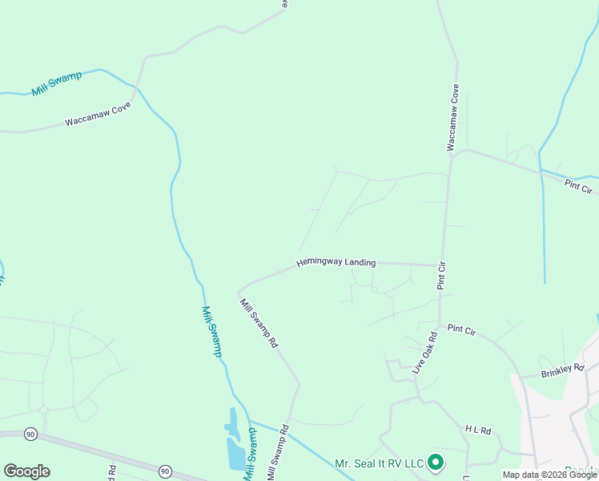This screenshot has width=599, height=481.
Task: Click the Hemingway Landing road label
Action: tap(336, 262)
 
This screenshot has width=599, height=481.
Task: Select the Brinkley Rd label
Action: tap(562, 370)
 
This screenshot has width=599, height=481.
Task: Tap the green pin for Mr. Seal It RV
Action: tap(436, 463)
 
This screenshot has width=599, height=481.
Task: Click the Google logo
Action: tap(26, 471)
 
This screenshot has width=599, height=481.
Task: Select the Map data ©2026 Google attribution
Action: tap(549, 475)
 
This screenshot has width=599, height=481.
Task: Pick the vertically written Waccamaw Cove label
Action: tap(453, 117)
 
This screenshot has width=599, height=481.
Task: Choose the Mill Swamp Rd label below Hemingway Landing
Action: tap(259, 322)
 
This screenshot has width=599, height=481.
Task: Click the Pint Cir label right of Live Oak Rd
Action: tap(462, 329)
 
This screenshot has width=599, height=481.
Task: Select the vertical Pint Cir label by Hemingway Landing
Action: tap(441, 275)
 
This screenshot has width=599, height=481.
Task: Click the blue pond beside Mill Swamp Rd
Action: tap(235, 449)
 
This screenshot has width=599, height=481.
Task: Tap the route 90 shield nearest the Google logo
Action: tap(31, 434)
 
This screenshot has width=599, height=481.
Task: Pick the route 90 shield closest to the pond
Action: tap(165, 471)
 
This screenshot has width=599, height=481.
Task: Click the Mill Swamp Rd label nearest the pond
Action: tap(275, 456)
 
